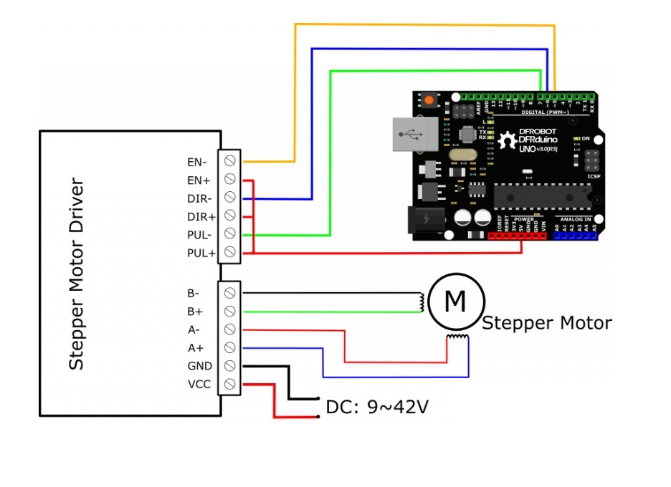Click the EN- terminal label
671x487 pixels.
click(197, 162)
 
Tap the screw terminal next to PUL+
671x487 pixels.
click(230, 252)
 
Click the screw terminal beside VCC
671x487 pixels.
click(230, 385)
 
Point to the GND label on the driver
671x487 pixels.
click(199, 366)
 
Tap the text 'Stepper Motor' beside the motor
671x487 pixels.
click(546, 323)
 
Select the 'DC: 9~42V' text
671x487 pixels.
click(377, 408)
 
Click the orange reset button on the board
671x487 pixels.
click(429, 101)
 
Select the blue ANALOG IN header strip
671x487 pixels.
click(575, 236)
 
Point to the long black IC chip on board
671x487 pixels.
click(542, 196)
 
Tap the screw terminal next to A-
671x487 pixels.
click(230, 329)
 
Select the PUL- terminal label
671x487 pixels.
click(200, 234)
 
